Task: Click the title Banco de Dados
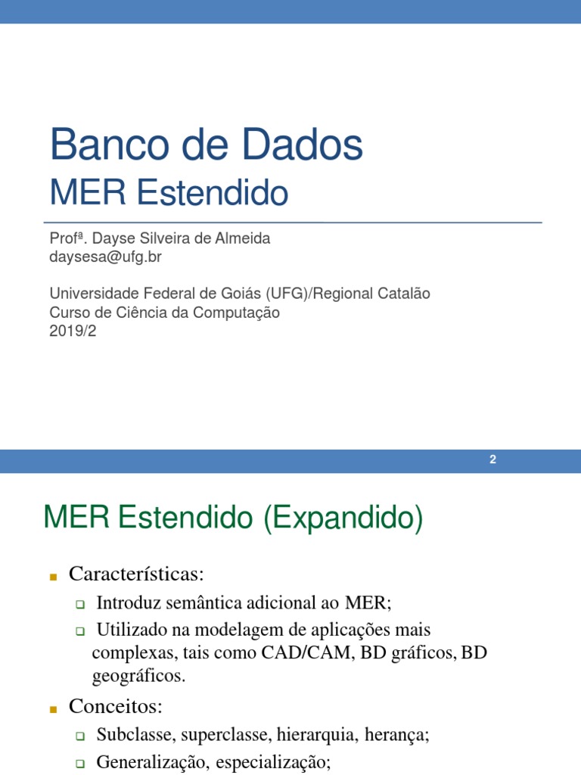(x=206, y=146)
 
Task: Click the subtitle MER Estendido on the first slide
(x=169, y=194)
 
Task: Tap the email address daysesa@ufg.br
(x=105, y=257)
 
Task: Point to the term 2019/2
(x=73, y=330)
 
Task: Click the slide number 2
(x=492, y=460)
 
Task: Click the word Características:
(x=136, y=574)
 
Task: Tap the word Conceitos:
(x=116, y=706)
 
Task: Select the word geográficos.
(x=138, y=676)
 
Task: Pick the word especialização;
(x=273, y=762)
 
